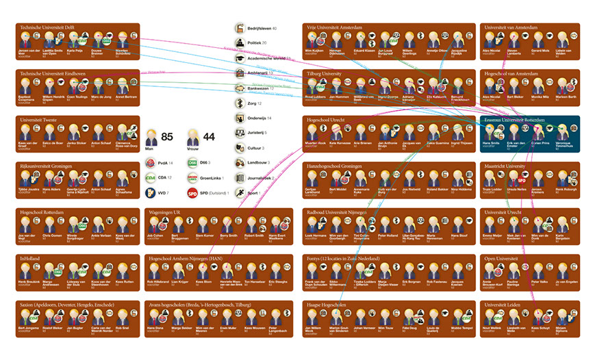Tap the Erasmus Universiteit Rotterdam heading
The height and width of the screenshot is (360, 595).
pyautogui.click(x=515, y=120)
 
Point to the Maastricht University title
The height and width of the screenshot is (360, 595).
pyautogui.click(x=505, y=166)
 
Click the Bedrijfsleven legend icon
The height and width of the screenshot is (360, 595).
pyautogui.click(x=240, y=28)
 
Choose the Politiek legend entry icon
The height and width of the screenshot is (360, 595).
pyautogui.click(x=240, y=43)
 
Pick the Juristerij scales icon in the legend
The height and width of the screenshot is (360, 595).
pyautogui.click(x=240, y=133)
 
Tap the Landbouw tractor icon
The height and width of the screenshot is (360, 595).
pyautogui.click(x=240, y=163)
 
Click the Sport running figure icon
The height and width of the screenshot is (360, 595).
pyautogui.click(x=240, y=193)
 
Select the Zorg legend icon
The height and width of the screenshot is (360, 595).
pyautogui.click(x=240, y=103)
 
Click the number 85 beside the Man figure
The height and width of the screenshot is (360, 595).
pyautogui.click(x=167, y=137)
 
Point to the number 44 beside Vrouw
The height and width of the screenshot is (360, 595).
pyautogui.click(x=209, y=137)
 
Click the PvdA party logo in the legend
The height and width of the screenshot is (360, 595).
pyautogui.click(x=151, y=163)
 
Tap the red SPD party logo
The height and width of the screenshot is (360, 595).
pyautogui.click(x=192, y=193)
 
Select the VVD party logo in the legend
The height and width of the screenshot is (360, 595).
pyautogui.click(x=151, y=193)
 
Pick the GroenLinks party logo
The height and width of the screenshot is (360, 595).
pyautogui.click(x=192, y=178)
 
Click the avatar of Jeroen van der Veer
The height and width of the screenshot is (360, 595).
pyautogui.click(x=25, y=40)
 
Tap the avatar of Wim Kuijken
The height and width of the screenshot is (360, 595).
pyautogui.click(x=313, y=40)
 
